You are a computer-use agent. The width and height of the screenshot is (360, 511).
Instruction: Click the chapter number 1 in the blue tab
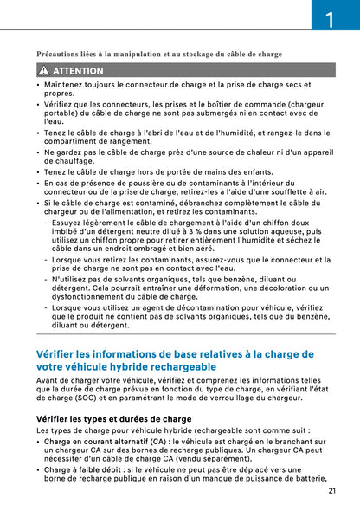click(330, 18)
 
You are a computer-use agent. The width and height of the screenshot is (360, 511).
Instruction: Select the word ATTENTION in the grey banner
click(78, 70)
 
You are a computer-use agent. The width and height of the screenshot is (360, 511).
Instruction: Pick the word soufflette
click(286, 191)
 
